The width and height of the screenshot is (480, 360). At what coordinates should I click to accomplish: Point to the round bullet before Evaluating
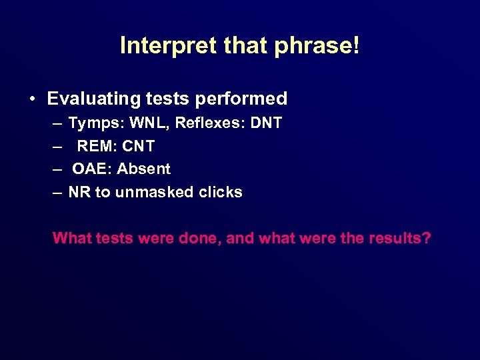coord(33,99)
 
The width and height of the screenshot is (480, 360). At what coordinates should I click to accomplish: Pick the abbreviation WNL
coord(149,123)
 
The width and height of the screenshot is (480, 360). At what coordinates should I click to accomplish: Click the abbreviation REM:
coord(99,146)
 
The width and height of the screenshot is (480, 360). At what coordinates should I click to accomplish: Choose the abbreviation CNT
coord(140,146)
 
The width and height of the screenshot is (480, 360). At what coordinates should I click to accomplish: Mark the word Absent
coord(143,169)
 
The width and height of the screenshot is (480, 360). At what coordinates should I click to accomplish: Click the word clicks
coord(221,193)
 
